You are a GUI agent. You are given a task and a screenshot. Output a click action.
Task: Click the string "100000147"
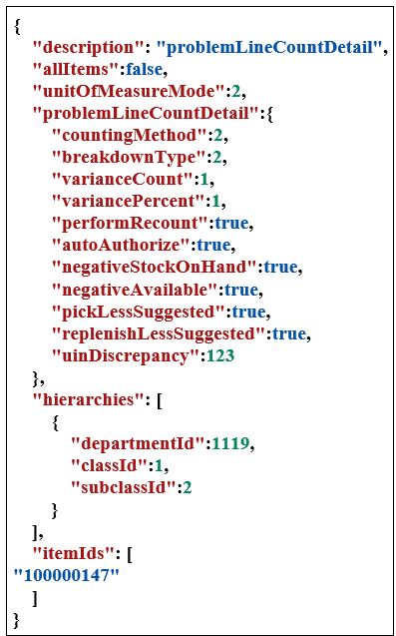(66, 575)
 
